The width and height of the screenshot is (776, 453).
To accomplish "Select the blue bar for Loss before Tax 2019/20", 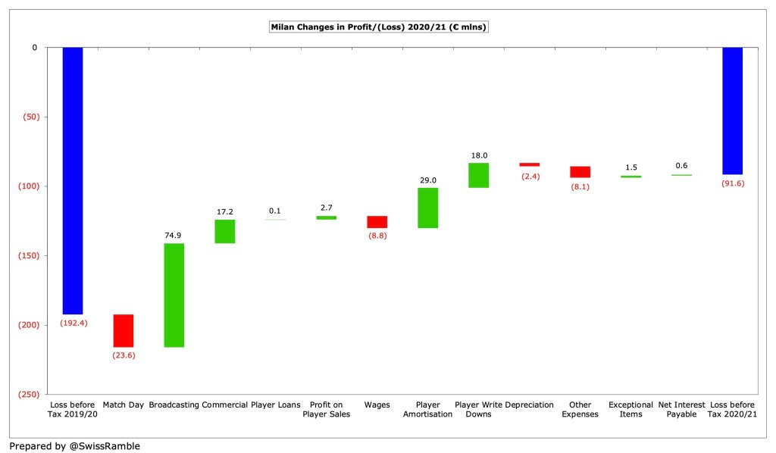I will [73, 180].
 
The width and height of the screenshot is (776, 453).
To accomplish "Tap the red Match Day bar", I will [124, 330].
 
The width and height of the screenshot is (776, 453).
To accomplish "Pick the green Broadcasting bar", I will [174, 295].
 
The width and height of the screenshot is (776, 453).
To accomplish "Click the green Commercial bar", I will [225, 231].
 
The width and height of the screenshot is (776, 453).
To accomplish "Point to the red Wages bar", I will [377, 222].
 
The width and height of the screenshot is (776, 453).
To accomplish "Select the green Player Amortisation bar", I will [428, 208].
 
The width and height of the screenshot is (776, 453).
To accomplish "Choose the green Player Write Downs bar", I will [479, 175].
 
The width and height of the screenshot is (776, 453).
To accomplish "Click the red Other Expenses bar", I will [580, 172].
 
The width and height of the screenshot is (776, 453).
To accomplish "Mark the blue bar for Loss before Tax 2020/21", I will [732, 111].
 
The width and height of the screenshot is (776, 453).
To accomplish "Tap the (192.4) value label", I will [73, 323].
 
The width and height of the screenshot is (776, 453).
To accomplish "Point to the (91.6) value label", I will [732, 183].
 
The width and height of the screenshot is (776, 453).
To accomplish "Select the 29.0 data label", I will [428, 180].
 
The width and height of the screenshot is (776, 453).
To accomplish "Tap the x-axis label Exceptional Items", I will [630, 410].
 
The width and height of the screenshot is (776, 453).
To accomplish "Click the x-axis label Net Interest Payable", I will [681, 410].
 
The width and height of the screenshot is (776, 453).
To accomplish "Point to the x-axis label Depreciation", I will [530, 405].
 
